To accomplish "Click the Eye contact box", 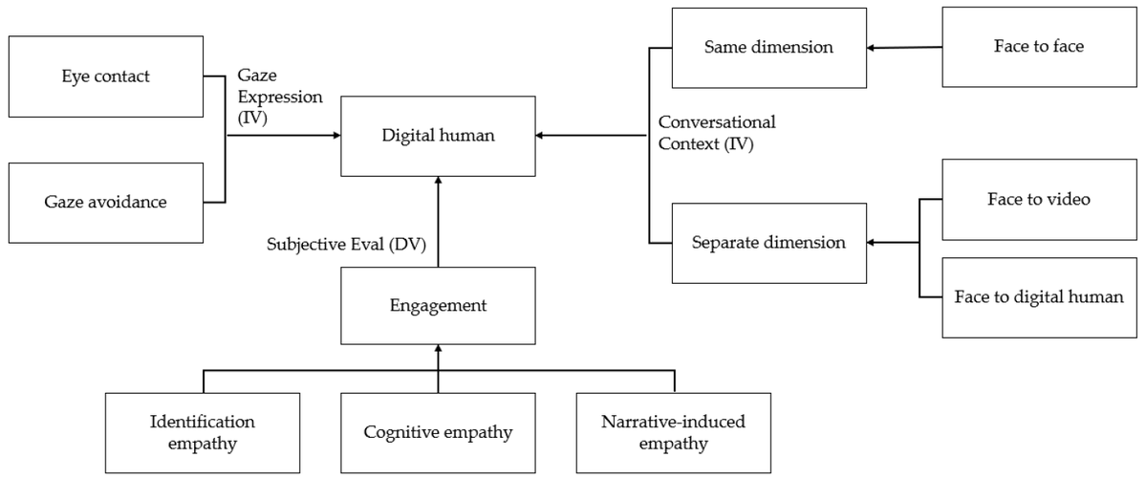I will [x=105, y=76].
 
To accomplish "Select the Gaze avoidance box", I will [x=105, y=202].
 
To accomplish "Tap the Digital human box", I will [x=438, y=136].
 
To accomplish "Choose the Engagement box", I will [x=438, y=306].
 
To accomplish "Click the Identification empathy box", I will [x=203, y=432].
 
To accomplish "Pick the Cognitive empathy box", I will [x=438, y=432].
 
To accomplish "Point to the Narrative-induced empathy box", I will [x=674, y=432].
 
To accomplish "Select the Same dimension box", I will [x=768, y=47].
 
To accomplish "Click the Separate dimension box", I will [x=768, y=243].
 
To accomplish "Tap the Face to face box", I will [x=1039, y=46].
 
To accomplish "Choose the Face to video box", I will [x=1039, y=200].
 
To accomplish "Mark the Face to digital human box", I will [x=1039, y=297].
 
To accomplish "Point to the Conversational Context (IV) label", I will [x=716, y=133].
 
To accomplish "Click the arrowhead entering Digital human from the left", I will [x=336, y=136].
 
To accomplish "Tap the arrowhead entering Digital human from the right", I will [x=540, y=136].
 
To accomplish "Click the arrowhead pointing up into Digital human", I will [x=438, y=181].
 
